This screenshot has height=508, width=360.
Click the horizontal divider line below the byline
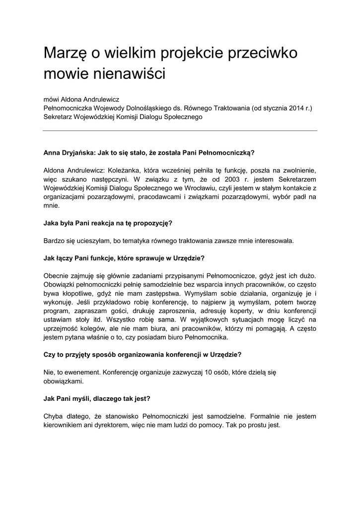pos(180,131)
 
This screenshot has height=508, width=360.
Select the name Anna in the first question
pos(53,153)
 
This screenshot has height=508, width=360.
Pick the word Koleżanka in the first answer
pos(132,170)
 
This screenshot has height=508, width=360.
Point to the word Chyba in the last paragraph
pos(54,416)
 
